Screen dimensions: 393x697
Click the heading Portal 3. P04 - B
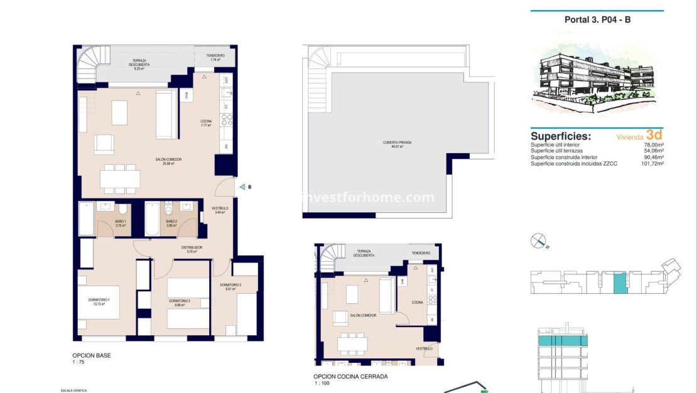click(x=597, y=19)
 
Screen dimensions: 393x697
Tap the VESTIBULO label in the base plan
click(x=220, y=210)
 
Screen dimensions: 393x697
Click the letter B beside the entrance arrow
click(x=249, y=186)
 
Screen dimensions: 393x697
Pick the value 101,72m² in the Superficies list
click(x=651, y=163)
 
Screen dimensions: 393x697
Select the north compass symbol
click(x=539, y=241)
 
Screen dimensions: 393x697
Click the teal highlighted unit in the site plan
click(x=620, y=283)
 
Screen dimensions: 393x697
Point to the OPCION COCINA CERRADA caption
click(x=350, y=376)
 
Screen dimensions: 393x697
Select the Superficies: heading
click(x=561, y=136)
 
